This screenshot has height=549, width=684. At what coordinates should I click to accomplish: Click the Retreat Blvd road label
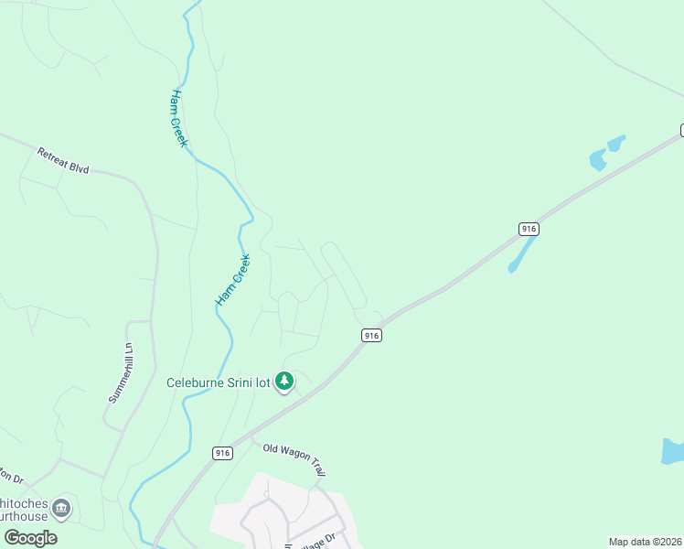click(x=63, y=161)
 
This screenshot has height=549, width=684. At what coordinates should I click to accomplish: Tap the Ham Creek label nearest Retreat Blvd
click(x=179, y=118)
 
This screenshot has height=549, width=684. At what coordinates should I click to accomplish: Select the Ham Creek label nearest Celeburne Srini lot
click(x=232, y=280)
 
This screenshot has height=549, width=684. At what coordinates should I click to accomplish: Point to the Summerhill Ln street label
click(x=122, y=373)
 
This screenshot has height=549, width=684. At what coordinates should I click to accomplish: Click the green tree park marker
click(x=284, y=381)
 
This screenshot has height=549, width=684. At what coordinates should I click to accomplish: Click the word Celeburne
click(x=196, y=382)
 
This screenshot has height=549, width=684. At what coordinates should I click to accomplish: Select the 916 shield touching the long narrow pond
click(x=528, y=229)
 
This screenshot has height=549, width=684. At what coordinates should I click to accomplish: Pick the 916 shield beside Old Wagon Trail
click(x=222, y=452)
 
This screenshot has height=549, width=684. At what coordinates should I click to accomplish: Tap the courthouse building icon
click(x=61, y=507)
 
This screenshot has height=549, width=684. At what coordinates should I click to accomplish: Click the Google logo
click(x=30, y=538)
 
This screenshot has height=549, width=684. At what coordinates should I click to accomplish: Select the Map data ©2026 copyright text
click(x=645, y=542)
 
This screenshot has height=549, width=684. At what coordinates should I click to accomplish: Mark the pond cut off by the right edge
click(x=673, y=450)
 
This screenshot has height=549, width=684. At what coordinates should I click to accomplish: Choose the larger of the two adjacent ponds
click(x=597, y=161)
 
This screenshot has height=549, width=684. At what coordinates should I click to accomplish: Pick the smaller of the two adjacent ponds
click(x=616, y=143)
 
